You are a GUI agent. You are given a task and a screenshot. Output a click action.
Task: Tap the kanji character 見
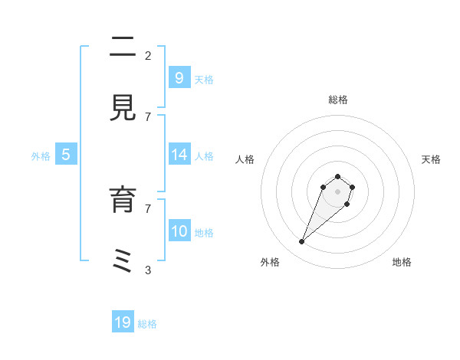[x=123, y=108]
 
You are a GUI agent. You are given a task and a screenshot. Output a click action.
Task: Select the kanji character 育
[x=123, y=200]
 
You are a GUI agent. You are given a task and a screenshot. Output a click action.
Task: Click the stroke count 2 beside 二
[x=148, y=55]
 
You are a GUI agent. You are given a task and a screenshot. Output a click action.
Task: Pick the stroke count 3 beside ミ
[x=148, y=270]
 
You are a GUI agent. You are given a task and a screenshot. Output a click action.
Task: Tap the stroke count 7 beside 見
[x=148, y=116]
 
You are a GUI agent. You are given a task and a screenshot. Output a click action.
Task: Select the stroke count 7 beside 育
[x=148, y=208]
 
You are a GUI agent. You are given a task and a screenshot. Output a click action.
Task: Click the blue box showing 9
[x=179, y=78]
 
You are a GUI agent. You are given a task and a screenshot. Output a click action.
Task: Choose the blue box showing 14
[x=179, y=155]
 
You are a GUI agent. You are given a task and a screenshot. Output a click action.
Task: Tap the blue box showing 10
[x=179, y=231]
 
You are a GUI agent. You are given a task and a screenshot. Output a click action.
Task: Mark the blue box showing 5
[x=66, y=155]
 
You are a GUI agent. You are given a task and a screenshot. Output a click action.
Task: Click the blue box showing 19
[x=123, y=322]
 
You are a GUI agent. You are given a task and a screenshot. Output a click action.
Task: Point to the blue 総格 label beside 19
[x=147, y=324]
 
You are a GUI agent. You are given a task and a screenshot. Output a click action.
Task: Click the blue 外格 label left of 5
[x=41, y=156]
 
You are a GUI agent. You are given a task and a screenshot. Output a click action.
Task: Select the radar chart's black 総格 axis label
[x=337, y=100]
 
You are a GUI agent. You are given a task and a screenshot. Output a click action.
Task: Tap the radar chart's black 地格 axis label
[x=402, y=263]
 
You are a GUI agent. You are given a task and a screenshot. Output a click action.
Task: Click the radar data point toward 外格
[x=302, y=242]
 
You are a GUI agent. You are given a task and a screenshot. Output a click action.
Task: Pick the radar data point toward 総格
[x=337, y=177]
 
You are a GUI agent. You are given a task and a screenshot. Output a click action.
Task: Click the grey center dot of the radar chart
[x=337, y=191]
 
